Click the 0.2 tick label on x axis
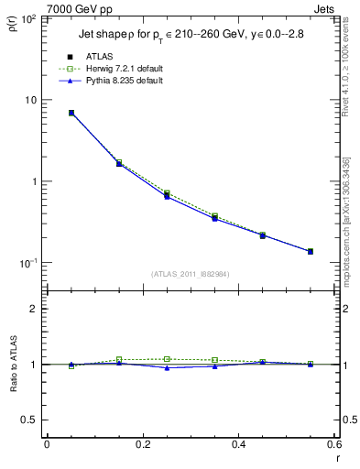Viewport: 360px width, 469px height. [142, 444]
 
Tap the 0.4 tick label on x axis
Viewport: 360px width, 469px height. [238, 444]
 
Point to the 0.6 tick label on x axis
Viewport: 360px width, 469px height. [333, 444]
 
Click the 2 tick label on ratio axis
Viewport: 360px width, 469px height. [32, 309]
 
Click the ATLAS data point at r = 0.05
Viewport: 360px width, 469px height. [71, 113]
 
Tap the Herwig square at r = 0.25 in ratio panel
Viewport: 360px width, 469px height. [167, 359]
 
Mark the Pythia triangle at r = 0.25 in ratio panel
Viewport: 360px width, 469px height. [167, 368]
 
